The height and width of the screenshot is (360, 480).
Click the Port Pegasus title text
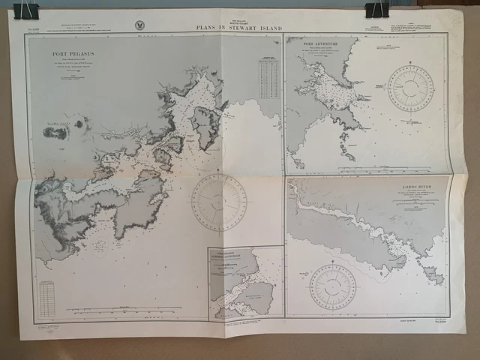73,54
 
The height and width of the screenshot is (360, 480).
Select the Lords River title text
419,187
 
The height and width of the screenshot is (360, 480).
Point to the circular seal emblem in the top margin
140,25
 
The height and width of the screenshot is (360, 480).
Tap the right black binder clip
376,8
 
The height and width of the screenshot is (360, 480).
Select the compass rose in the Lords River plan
333,286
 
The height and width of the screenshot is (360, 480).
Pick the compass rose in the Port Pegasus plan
218,202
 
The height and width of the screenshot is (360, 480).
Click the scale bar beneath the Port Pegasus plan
124,309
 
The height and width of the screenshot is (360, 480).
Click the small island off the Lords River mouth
433,274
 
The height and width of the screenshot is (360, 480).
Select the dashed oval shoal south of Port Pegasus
99,244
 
